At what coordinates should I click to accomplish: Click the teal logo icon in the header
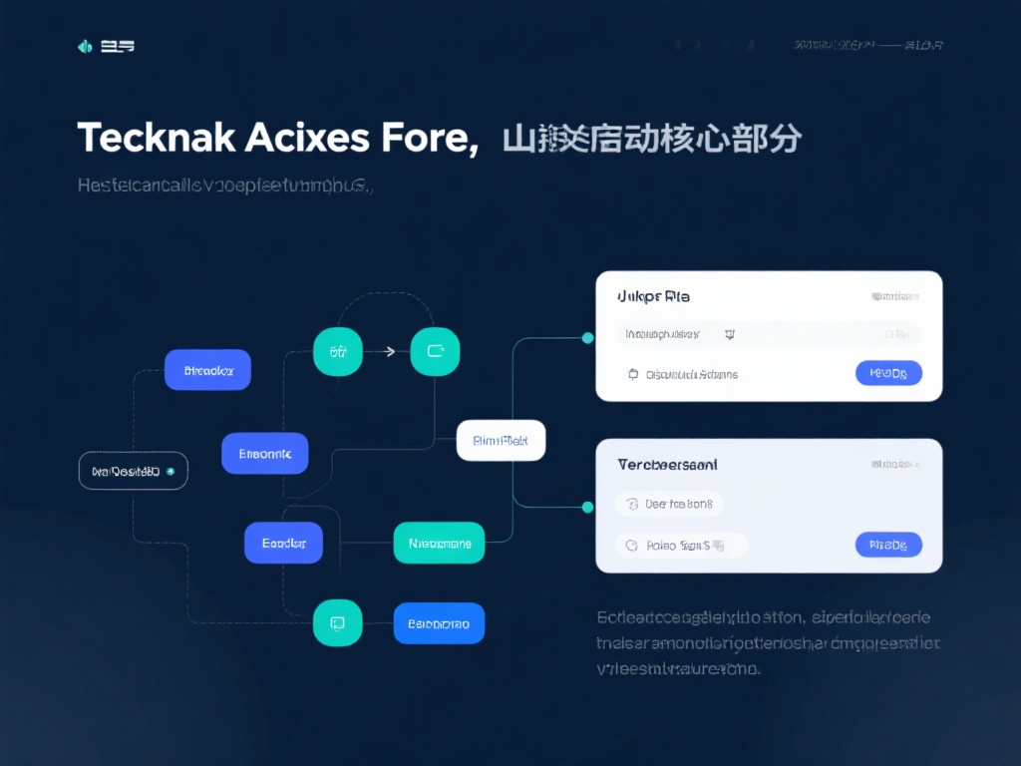coord(85,46)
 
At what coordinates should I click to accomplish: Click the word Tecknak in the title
coord(156,138)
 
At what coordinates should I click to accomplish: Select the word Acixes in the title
coord(303,138)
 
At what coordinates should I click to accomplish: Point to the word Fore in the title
coord(427,138)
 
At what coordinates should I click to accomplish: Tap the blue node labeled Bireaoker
coord(207,370)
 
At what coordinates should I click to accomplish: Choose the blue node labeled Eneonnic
coord(265,454)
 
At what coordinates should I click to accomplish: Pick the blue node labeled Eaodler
coord(283,544)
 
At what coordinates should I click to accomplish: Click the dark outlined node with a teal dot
coord(133,471)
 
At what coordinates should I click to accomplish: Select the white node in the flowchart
coord(501,440)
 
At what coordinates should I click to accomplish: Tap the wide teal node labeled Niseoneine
coord(439,544)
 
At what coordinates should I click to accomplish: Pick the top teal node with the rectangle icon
coord(436,351)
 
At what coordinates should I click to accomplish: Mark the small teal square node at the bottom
coord(337,623)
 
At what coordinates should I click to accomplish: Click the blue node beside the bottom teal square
coord(439,623)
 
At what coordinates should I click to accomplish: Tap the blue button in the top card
coord(888,374)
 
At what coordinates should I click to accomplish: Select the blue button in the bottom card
coord(888,545)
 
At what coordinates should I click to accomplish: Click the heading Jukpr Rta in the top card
coord(654,296)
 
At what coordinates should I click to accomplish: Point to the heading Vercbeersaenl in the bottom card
coord(667,465)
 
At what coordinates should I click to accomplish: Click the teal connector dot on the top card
coord(587,338)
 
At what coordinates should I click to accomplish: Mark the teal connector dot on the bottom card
coord(587,507)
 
